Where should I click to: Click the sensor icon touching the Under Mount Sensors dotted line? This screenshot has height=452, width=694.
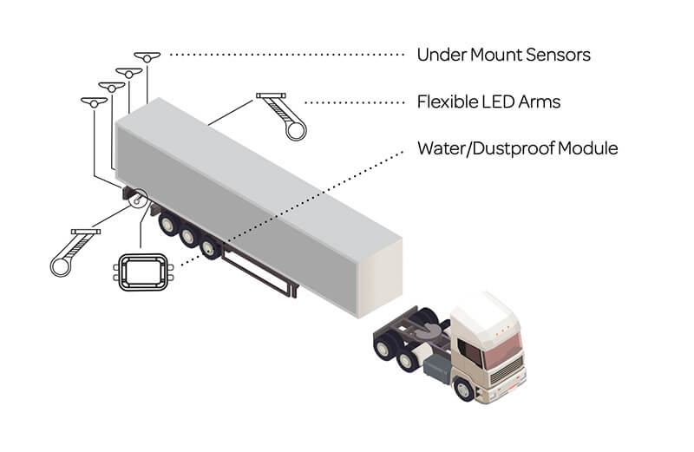[x=148, y=57]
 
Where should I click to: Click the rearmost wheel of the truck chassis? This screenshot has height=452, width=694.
[x=383, y=346]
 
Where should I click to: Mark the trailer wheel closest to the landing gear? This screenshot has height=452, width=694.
[x=208, y=249]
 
